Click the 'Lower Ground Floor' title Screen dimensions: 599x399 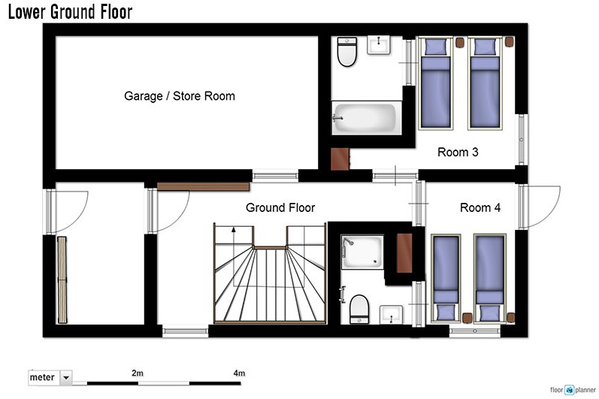pyautogui.click(x=71, y=12)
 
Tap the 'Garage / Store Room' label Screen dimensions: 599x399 pyautogui.click(x=180, y=96)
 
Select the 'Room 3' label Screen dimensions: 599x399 pyautogui.click(x=458, y=152)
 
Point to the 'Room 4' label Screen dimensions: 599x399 pyautogui.click(x=480, y=207)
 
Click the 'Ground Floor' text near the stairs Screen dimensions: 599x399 pyautogui.click(x=280, y=207)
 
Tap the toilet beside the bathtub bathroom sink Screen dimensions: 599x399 pyautogui.click(x=347, y=52)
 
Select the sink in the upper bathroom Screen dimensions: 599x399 pyautogui.click(x=379, y=45)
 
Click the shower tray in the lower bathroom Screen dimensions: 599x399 pyautogui.click(x=362, y=252)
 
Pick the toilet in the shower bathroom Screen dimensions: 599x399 pyautogui.click(x=359, y=309)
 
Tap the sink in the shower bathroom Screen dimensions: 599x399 pyautogui.click(x=391, y=314)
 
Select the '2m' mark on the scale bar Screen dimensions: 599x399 pyautogui.click(x=138, y=373)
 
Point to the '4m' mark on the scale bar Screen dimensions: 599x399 pyautogui.click(x=239, y=373)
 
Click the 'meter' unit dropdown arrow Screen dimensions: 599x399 pyautogui.click(x=66, y=378)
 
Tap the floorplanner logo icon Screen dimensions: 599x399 pyautogui.click(x=570, y=390)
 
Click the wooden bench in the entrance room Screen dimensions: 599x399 pyautogui.click(x=62, y=280)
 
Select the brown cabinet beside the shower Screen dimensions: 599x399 pyautogui.click(x=404, y=252)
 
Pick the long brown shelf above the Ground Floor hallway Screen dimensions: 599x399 pyautogui.click(x=203, y=186)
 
